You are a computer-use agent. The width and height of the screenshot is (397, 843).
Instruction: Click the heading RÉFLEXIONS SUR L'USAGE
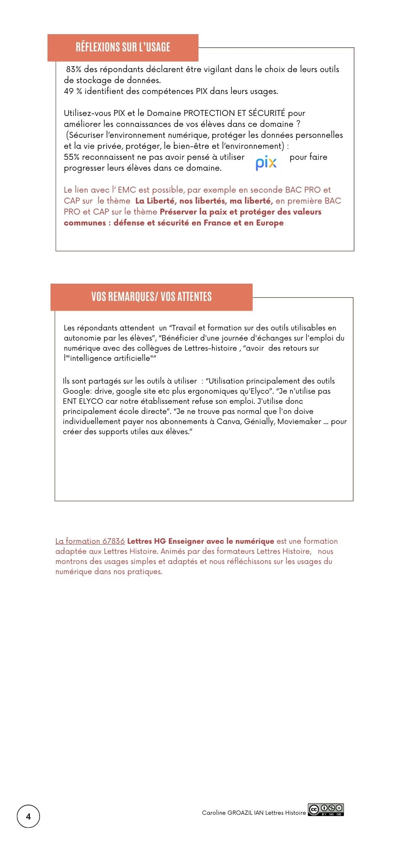[x=123, y=47]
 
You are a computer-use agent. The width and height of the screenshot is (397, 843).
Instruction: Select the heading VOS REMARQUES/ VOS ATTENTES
[x=152, y=297]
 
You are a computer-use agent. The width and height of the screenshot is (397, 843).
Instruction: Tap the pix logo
[x=266, y=163]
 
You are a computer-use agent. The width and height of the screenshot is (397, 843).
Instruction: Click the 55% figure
[x=72, y=157]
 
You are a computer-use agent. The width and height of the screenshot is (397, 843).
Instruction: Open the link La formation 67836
[x=90, y=541]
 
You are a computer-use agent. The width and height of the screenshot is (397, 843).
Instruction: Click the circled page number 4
[x=28, y=816]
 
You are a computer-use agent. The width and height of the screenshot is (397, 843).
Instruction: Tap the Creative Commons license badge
[x=326, y=810]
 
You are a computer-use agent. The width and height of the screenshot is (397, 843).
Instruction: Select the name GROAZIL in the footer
[x=240, y=813]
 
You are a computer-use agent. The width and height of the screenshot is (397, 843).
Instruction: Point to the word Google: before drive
[x=77, y=391]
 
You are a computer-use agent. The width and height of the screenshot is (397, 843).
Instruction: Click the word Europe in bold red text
[x=269, y=223]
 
